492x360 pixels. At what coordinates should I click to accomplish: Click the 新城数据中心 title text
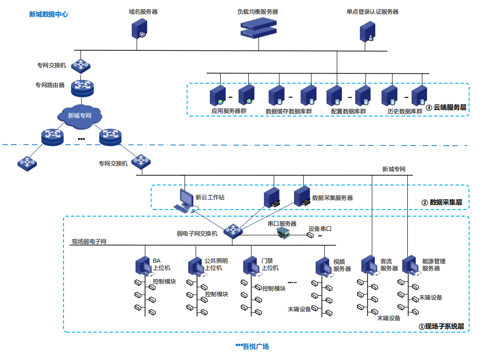[48, 15]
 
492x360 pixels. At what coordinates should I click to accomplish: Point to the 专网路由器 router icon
[82, 86]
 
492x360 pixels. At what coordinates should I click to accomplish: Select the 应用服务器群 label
[229, 111]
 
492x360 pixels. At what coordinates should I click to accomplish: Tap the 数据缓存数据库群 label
[289, 111]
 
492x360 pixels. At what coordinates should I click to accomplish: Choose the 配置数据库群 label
[349, 111]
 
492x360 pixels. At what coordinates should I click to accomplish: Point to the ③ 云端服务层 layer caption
[446, 108]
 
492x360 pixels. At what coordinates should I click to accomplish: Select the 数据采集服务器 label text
[333, 198]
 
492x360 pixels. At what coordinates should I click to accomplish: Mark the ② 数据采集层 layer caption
[442, 203]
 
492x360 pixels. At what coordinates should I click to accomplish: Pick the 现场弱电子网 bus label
[89, 242]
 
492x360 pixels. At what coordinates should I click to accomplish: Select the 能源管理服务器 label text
[433, 265]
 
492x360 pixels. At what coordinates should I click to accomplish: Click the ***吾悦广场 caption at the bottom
[252, 346]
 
